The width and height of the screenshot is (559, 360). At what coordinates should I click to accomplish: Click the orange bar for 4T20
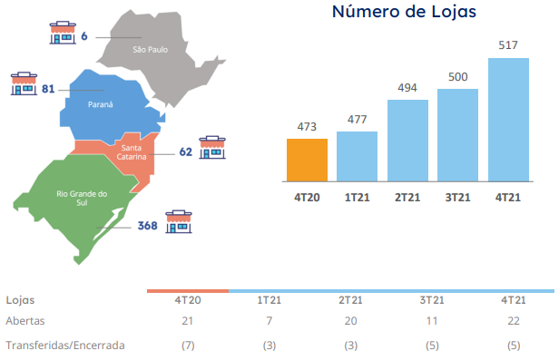click(307, 160)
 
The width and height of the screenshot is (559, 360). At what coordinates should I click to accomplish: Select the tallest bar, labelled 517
click(508, 120)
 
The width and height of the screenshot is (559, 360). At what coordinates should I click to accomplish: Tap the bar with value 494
click(407, 141)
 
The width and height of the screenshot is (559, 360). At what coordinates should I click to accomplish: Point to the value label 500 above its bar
click(457, 77)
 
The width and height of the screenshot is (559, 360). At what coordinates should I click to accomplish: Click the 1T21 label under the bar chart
click(357, 198)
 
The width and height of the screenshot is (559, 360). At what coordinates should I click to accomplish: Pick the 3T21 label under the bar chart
click(457, 198)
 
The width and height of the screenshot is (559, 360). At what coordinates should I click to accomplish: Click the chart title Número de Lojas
click(404, 12)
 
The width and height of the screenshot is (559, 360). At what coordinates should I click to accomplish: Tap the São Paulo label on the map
click(150, 50)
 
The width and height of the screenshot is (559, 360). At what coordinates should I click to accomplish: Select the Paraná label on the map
click(100, 104)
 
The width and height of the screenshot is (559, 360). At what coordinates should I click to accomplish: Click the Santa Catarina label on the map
click(132, 152)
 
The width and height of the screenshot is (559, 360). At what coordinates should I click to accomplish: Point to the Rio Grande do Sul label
click(82, 198)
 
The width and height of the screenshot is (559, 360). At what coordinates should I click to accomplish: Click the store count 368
click(147, 226)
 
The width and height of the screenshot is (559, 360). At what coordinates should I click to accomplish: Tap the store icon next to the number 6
click(63, 33)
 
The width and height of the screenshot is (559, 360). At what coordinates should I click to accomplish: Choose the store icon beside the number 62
click(212, 148)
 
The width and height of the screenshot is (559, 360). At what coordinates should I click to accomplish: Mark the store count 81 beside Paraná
click(48, 89)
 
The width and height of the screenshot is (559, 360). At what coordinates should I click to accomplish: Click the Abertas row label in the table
click(25, 321)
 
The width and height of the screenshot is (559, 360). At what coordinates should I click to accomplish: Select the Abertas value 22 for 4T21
click(514, 321)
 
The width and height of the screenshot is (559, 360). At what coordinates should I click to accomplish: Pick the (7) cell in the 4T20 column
click(188, 345)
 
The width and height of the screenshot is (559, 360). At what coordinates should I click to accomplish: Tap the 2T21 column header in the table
click(350, 300)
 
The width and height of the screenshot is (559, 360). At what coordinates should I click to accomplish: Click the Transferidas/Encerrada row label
click(65, 345)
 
